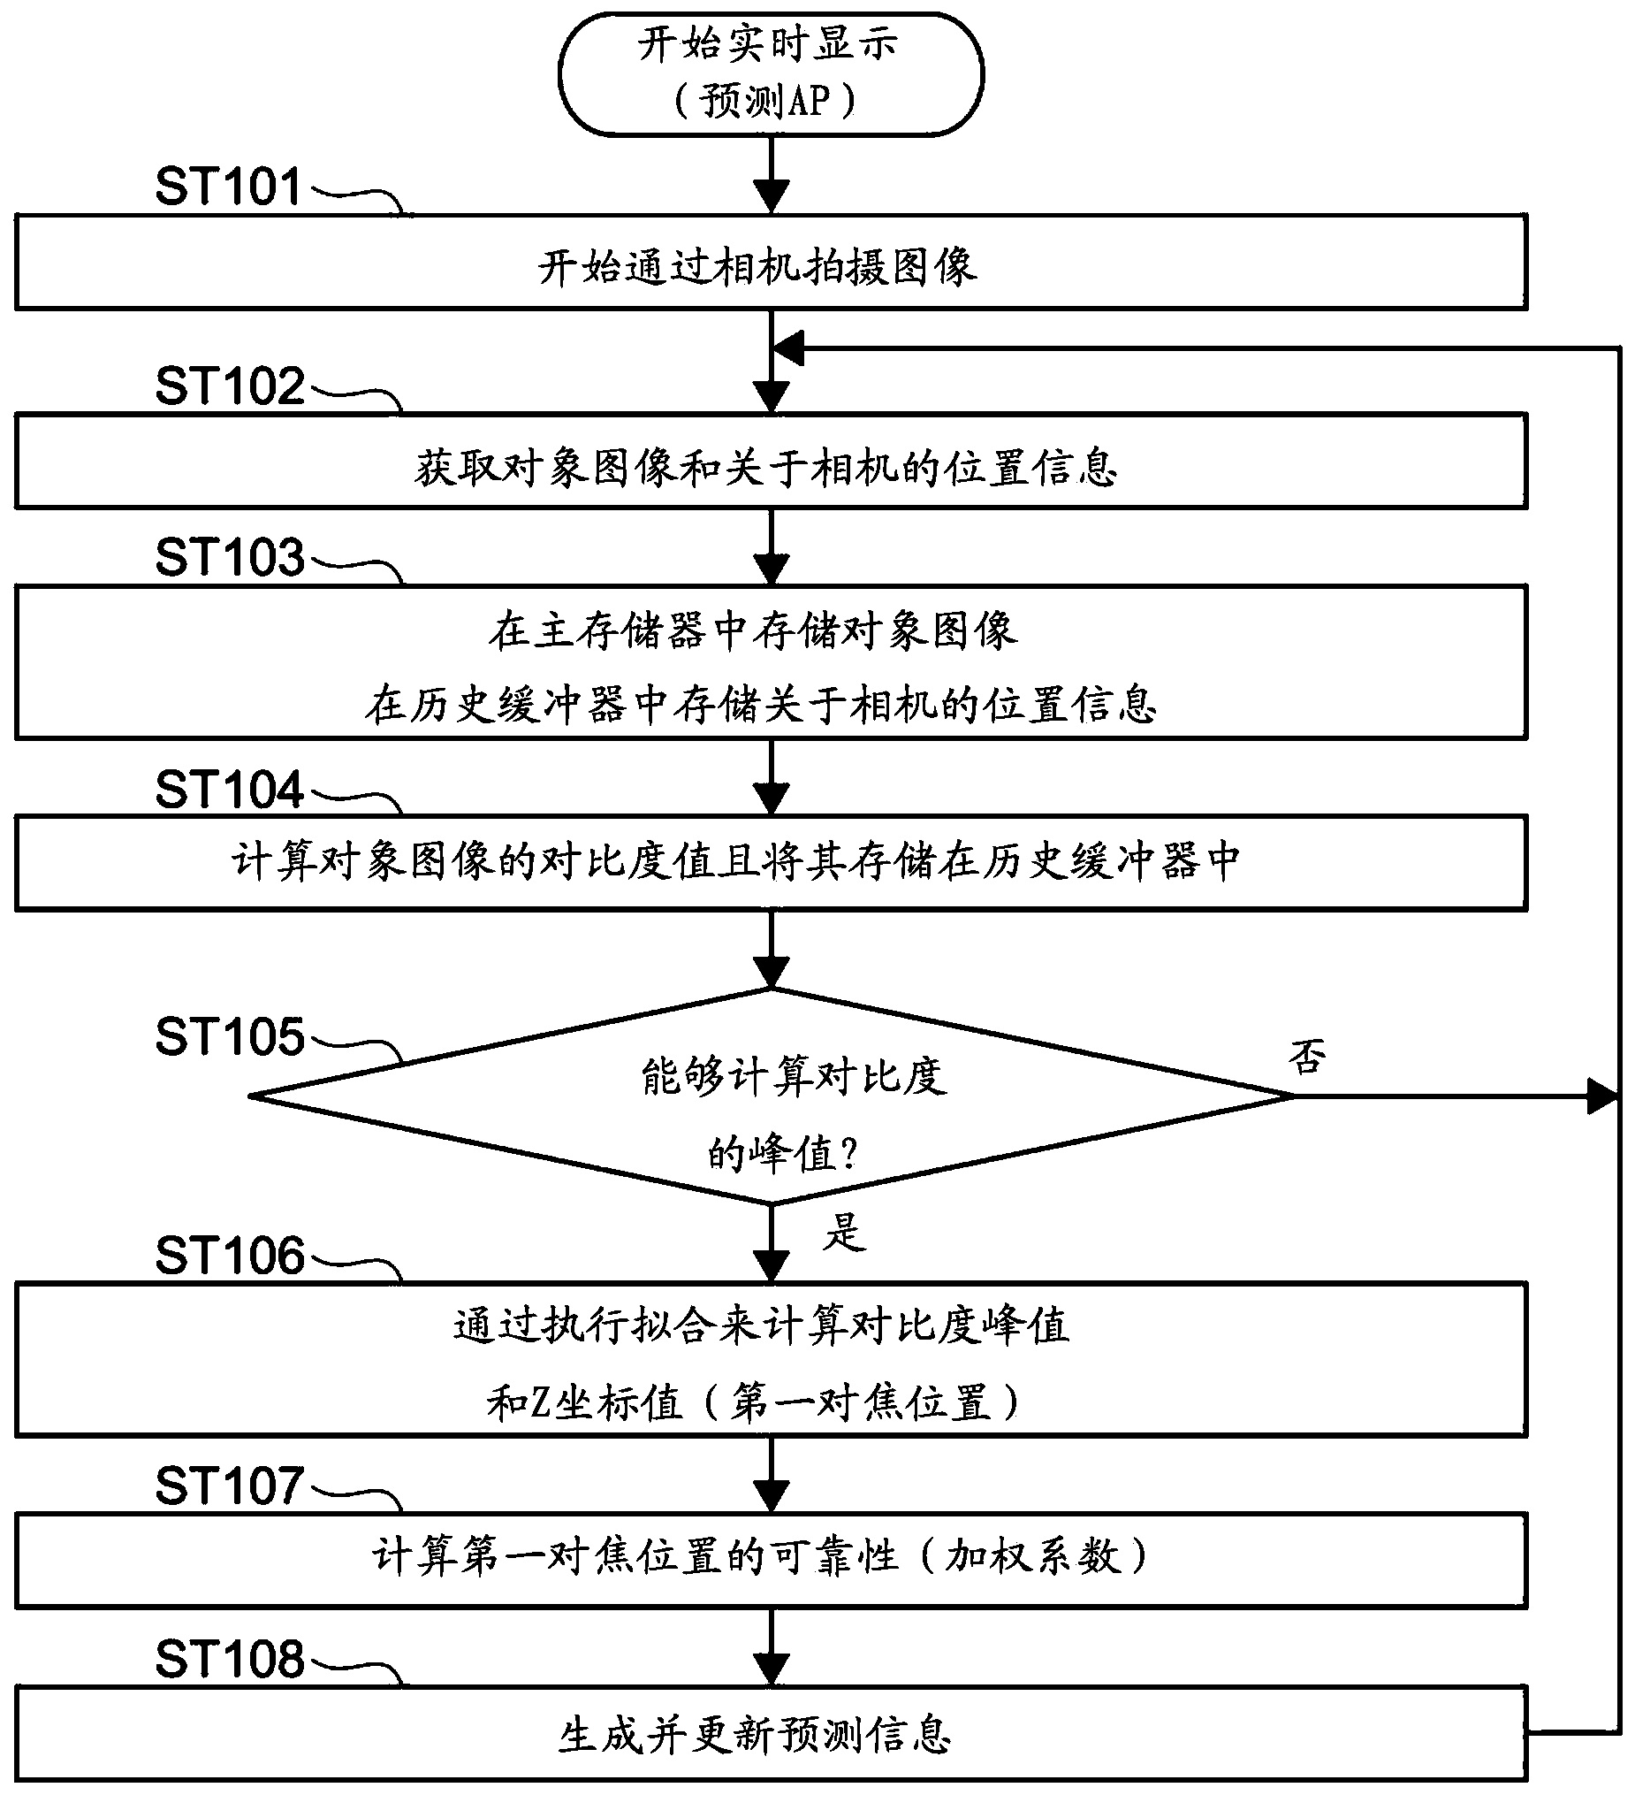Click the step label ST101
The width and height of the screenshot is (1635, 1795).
coord(229,186)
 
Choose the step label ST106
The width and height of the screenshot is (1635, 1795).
coord(230,1256)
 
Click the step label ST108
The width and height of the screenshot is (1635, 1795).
coord(230,1659)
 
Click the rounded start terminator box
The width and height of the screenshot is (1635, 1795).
coord(771,73)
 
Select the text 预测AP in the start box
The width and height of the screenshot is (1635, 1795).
coord(765,101)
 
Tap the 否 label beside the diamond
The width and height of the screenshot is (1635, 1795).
coord(1306,1056)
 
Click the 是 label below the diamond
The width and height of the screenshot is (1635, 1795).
coord(843,1233)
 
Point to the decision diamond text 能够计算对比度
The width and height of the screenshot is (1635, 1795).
coord(793,1076)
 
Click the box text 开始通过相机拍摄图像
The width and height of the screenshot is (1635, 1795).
coord(757,267)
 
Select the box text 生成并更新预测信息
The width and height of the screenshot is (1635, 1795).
coord(755,1735)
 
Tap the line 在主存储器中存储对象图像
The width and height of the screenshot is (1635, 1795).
coord(753,630)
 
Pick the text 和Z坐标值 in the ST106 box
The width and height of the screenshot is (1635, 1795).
coord(584,1403)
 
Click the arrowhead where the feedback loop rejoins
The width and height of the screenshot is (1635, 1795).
coord(788,348)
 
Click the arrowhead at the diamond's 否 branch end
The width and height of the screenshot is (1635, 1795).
coord(1603,1097)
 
